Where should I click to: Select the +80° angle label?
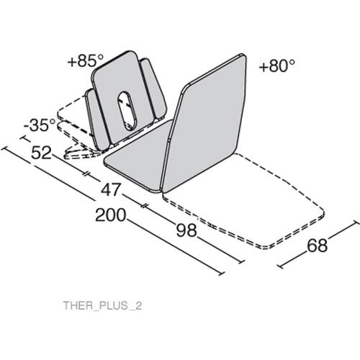pyautogui.click(x=276, y=66)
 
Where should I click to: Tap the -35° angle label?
pyautogui.click(x=40, y=125)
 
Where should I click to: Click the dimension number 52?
pyautogui.click(x=41, y=153)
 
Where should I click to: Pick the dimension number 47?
pyautogui.click(x=110, y=189)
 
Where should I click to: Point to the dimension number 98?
pyautogui.click(x=186, y=230)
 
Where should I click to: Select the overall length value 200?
pyautogui.click(x=111, y=215)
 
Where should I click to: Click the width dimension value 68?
pyautogui.click(x=318, y=246)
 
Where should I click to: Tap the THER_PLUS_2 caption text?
pyautogui.click(x=102, y=305)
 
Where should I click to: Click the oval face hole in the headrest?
pyautogui.click(x=127, y=111)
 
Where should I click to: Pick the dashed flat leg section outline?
pyautogui.click(x=243, y=200)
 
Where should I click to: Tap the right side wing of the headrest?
pyautogui.click(x=153, y=89)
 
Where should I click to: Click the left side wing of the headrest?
pyautogui.click(x=96, y=120)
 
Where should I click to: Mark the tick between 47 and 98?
pyautogui.click(x=145, y=206)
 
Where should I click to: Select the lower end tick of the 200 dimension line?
pyautogui.click(x=222, y=274)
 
